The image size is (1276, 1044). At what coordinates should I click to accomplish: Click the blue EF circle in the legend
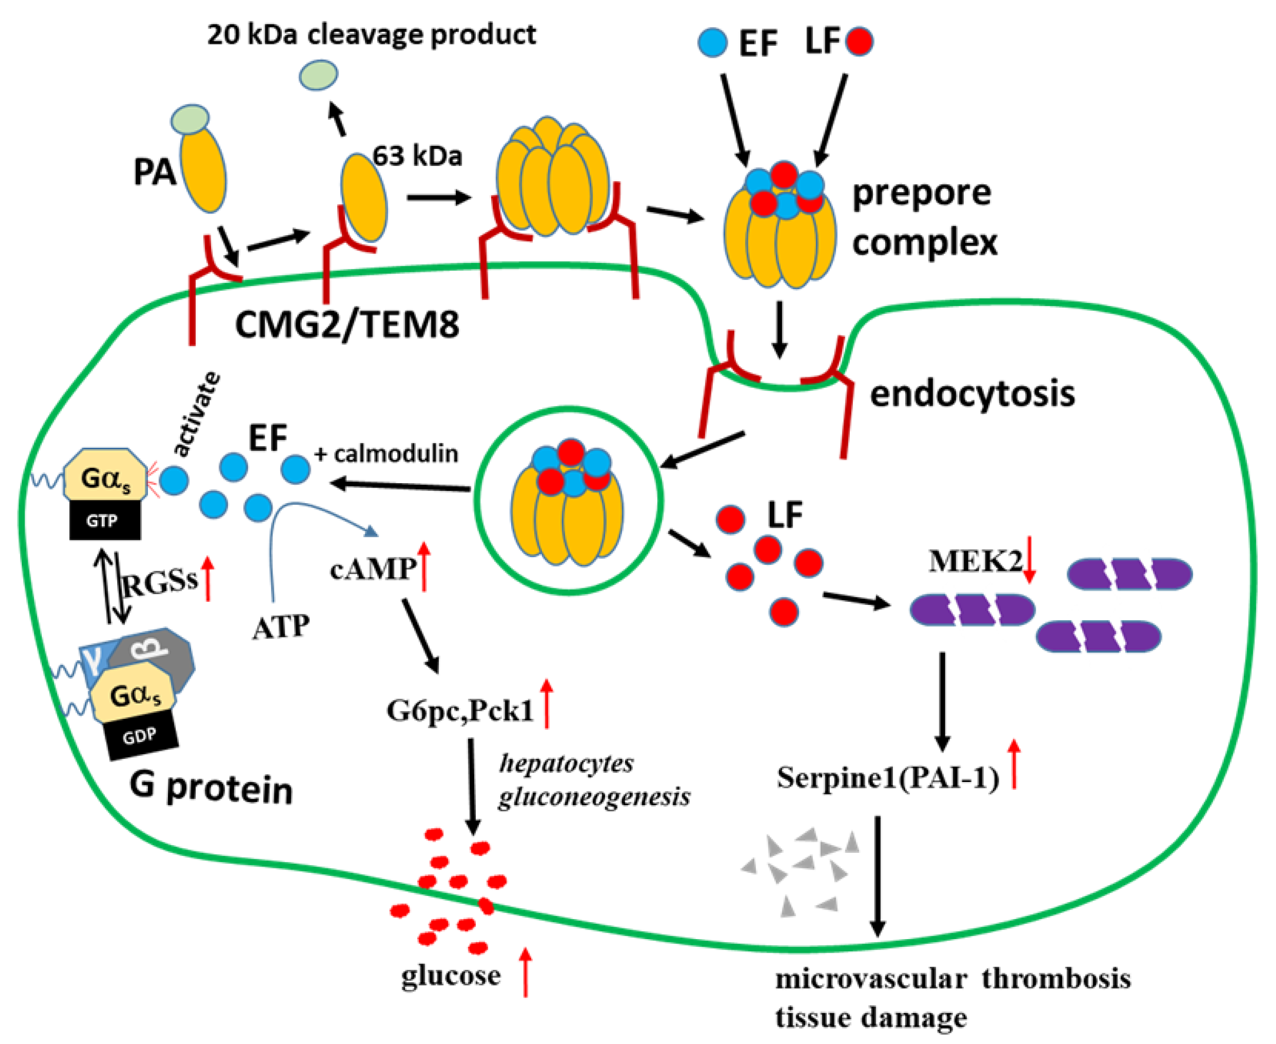(x=713, y=43)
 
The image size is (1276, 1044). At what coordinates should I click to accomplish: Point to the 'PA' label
(x=154, y=173)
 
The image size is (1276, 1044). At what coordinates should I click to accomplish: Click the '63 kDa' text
(x=417, y=156)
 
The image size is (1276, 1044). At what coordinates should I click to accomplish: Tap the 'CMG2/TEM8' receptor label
(x=347, y=325)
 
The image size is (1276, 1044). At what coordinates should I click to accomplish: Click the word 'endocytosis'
(x=972, y=394)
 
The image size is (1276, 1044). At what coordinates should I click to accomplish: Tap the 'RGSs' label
(x=161, y=581)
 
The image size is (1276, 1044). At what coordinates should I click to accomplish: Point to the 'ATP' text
(x=281, y=627)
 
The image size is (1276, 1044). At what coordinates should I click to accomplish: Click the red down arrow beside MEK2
(x=1029, y=559)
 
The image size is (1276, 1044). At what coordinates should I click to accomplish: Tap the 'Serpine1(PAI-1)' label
(x=888, y=777)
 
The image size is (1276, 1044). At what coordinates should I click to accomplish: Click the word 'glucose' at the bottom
(x=451, y=975)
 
